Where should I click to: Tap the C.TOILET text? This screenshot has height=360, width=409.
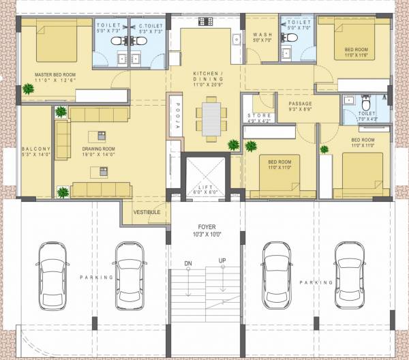click(x=151, y=25)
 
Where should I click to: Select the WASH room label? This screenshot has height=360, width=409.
click(x=262, y=35)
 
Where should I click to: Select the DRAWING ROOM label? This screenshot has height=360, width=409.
click(x=99, y=149)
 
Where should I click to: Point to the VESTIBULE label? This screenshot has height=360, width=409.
click(x=147, y=212)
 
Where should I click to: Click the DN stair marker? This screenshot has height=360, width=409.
click(x=188, y=263)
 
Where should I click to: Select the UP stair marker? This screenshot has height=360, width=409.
click(x=222, y=261)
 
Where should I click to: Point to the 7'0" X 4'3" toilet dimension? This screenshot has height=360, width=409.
click(x=365, y=120)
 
